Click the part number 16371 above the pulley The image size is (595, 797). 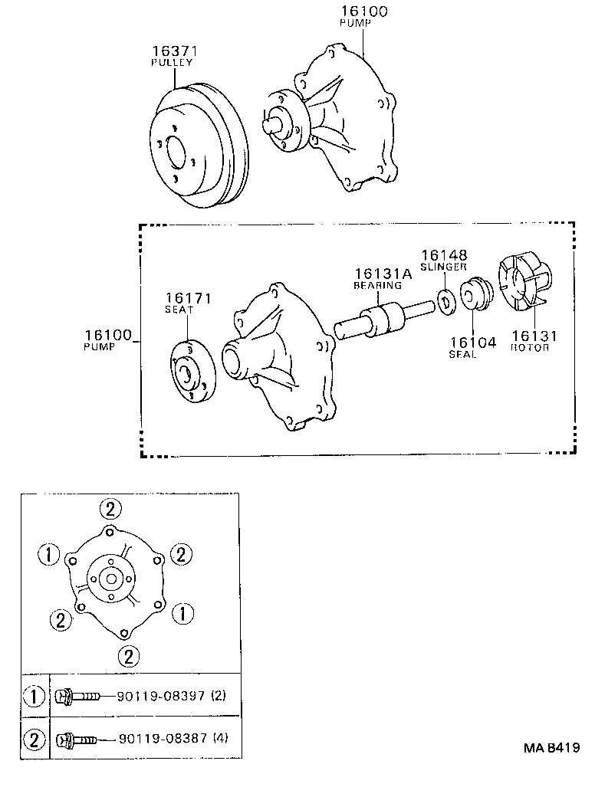[174, 51]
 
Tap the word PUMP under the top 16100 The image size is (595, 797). [355, 24]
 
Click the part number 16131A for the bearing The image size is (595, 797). [383, 274]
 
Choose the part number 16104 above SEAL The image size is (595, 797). [473, 343]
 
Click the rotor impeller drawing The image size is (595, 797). [524, 284]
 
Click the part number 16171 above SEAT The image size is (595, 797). [188, 298]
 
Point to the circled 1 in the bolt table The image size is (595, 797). [35, 697]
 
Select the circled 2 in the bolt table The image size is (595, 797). [35, 740]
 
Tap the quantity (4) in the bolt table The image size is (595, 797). [220, 740]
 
